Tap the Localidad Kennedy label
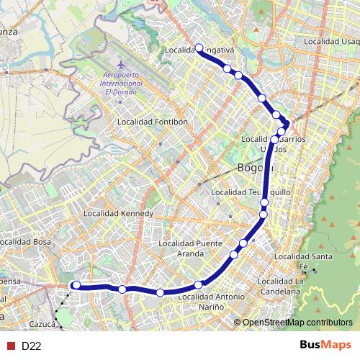119,214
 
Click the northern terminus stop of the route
199,48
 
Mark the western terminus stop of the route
76,286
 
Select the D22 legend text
31,346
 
